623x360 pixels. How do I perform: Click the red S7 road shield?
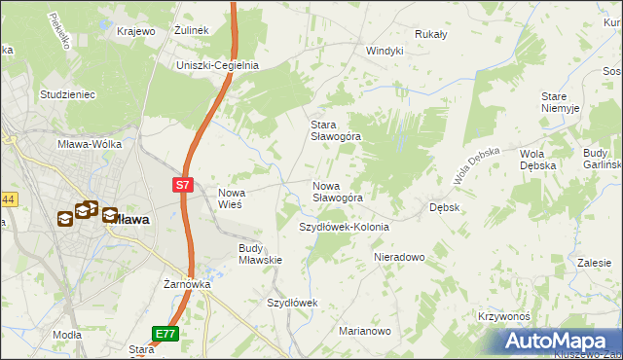click(182, 183)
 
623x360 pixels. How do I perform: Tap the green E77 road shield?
click(165, 334)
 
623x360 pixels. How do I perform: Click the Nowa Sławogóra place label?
click(338, 192)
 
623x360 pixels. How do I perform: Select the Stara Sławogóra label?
click(335, 130)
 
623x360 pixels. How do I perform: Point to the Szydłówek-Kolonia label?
click(344, 227)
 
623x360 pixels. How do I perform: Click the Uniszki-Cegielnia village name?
click(217, 65)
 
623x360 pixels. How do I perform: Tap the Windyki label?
click(385, 51)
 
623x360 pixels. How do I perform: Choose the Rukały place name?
click(430, 34)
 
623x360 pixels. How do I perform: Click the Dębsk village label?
click(445, 207)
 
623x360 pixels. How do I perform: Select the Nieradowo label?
click(400, 257)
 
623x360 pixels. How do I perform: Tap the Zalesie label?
click(593, 263)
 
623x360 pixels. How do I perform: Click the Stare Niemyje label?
click(561, 102)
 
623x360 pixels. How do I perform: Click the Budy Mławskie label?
click(260, 254)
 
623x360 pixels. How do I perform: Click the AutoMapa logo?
click(560, 341)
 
